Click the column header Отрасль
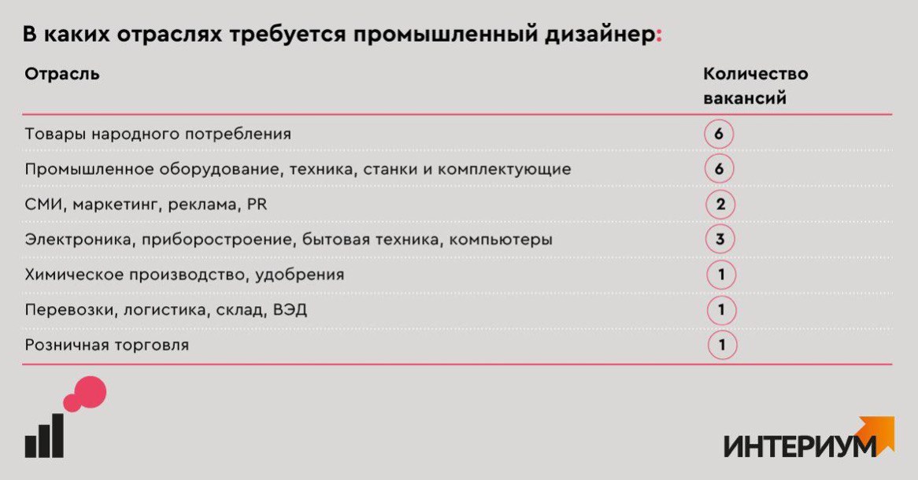click(62, 74)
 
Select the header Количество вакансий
click(755, 86)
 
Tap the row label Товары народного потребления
click(157, 135)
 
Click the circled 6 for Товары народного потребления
click(718, 134)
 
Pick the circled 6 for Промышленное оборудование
click(718, 168)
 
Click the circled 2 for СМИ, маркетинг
click(720, 205)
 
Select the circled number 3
click(720, 239)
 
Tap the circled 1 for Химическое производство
click(720, 275)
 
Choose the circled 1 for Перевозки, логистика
click(720, 310)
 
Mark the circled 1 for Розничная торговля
click(722, 345)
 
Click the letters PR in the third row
click(257, 205)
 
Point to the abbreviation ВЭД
click(290, 310)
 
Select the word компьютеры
click(501, 240)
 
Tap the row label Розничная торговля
click(106, 345)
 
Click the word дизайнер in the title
click(599, 35)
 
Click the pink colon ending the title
click(659, 36)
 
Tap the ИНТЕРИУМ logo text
click(801, 446)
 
